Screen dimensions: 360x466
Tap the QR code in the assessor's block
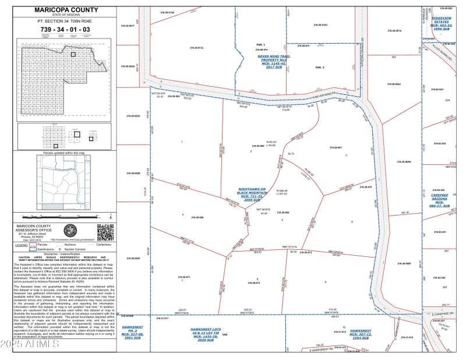[x=104, y=232]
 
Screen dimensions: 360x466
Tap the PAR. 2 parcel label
[x=319, y=68]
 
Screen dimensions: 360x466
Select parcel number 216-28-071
[x=183, y=277]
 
